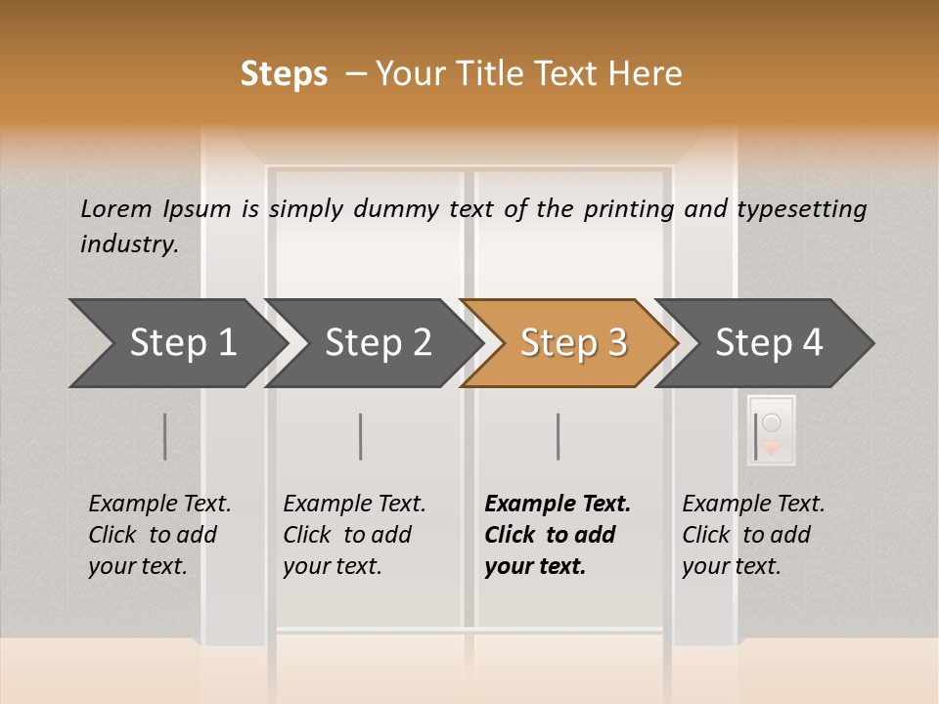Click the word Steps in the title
pyautogui.click(x=284, y=74)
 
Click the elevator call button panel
pyautogui.click(x=772, y=430)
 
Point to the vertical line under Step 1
pyautogui.click(x=164, y=436)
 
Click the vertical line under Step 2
pyautogui.click(x=360, y=436)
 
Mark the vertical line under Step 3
pyautogui.click(x=558, y=436)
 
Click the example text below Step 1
pyautogui.click(x=158, y=535)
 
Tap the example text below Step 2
pyautogui.click(x=353, y=535)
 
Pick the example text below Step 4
pyautogui.click(x=752, y=535)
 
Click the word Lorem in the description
pyautogui.click(x=116, y=208)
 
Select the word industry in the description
pyautogui.click(x=129, y=244)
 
